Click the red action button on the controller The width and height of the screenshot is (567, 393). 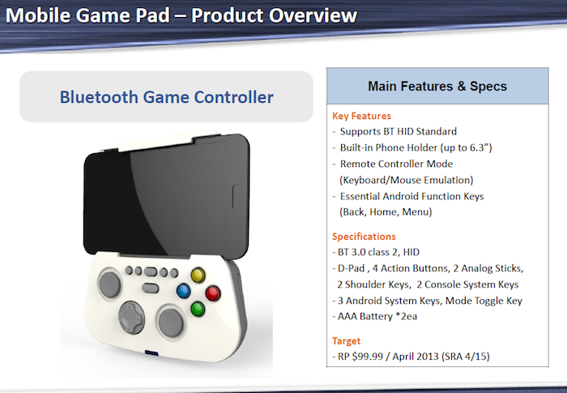click(x=214, y=293)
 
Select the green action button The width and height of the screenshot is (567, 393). click(x=197, y=308)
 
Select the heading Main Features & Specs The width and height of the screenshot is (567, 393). click(x=437, y=86)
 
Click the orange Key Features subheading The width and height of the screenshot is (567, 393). click(x=361, y=116)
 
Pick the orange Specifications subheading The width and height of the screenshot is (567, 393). click(x=364, y=237)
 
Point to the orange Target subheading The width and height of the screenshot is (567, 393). click(x=347, y=341)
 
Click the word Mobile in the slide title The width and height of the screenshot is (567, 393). click(x=42, y=15)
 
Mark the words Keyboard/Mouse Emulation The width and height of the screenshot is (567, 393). click(x=406, y=179)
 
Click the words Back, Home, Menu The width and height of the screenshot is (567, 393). click(x=386, y=211)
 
